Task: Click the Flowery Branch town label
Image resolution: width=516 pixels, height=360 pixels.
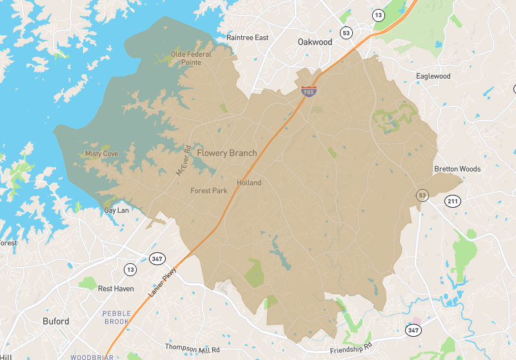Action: (226, 154)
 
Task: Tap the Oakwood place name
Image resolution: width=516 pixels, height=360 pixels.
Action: (315, 42)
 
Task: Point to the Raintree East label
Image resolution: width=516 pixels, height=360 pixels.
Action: (247, 38)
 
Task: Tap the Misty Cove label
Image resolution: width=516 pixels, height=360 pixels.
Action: (101, 154)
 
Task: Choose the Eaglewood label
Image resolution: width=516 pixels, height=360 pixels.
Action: (433, 76)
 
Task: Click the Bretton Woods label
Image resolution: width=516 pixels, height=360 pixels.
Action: (457, 169)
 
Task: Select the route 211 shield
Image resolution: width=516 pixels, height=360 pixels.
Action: (453, 202)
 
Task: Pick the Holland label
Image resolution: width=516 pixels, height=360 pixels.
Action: (249, 183)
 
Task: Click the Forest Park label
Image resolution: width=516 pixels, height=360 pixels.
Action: (209, 191)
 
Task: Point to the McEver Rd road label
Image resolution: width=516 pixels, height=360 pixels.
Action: (181, 160)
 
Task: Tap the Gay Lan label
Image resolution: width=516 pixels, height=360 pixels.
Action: (117, 210)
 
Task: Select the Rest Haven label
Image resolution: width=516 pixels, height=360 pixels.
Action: (116, 288)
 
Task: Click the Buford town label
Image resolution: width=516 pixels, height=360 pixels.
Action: (55, 321)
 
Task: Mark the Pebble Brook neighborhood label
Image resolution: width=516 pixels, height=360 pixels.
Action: (116, 317)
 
